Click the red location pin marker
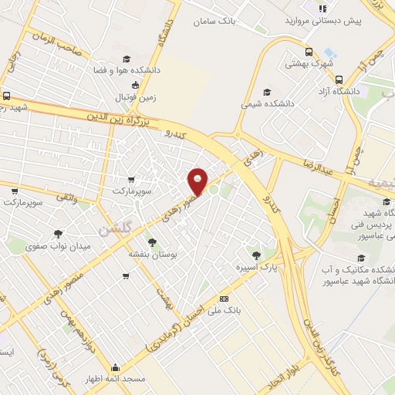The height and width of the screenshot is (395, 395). tap(198, 181)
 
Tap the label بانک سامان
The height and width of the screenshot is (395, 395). tap(215, 22)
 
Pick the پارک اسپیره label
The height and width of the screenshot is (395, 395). tap(255, 267)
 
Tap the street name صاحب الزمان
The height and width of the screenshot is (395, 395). tap(56, 43)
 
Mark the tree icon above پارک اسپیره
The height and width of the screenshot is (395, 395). tap(256, 254)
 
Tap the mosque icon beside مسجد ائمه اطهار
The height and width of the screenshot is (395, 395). tap(115, 368)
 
